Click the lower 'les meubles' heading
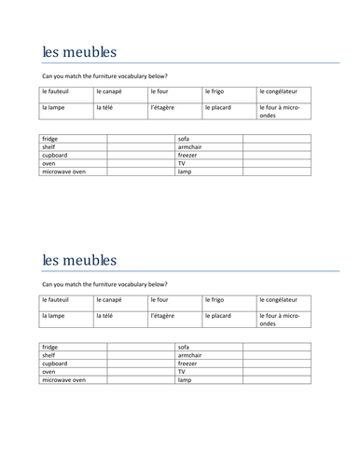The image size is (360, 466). click(x=80, y=258)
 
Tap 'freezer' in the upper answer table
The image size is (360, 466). click(x=188, y=155)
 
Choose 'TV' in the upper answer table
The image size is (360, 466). click(x=181, y=163)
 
